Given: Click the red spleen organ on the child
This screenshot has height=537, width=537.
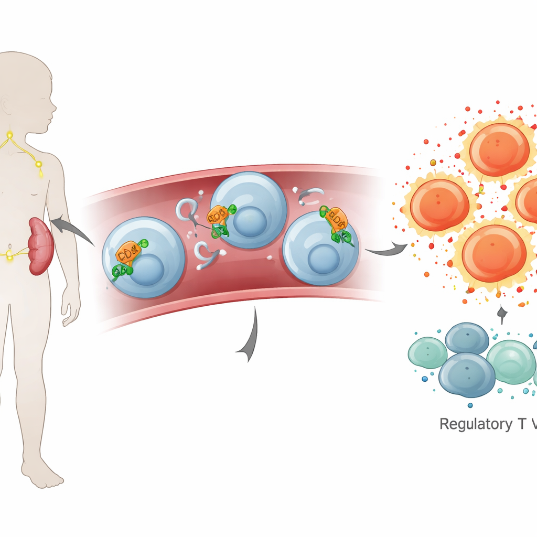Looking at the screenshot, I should (x=40, y=246).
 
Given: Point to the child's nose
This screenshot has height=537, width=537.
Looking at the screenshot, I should (x=54, y=110).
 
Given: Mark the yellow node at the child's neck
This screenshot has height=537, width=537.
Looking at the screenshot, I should (x=9, y=135).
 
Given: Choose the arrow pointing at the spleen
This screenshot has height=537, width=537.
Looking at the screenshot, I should (x=68, y=228).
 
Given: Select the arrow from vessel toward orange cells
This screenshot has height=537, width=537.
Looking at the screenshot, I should (x=385, y=251).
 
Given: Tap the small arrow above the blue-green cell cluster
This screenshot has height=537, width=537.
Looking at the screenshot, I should (x=502, y=315).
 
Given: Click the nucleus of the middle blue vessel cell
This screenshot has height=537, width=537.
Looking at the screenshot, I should (x=248, y=221).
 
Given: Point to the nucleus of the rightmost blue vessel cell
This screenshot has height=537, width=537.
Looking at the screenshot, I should (x=324, y=259).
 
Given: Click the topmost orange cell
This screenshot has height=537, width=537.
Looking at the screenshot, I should (x=499, y=149).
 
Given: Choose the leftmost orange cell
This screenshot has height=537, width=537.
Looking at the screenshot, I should (x=439, y=205).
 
